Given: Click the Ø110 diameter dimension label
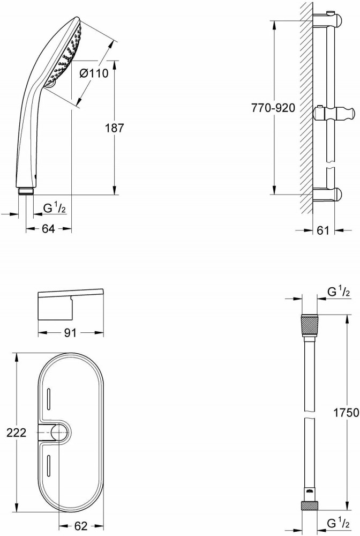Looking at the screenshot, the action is pos(93,73).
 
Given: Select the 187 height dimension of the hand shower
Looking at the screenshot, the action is pos(114,128).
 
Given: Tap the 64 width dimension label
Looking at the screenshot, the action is pos(49,228).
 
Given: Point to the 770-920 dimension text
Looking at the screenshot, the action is pos(273,108).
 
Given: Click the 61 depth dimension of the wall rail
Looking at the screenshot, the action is pos(323,230).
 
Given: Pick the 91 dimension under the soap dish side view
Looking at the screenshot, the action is pos(70,332).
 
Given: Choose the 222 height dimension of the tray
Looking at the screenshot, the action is pos(17,433).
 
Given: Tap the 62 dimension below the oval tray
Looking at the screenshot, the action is pos(81,526).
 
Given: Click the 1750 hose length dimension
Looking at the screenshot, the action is pos(346,413).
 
